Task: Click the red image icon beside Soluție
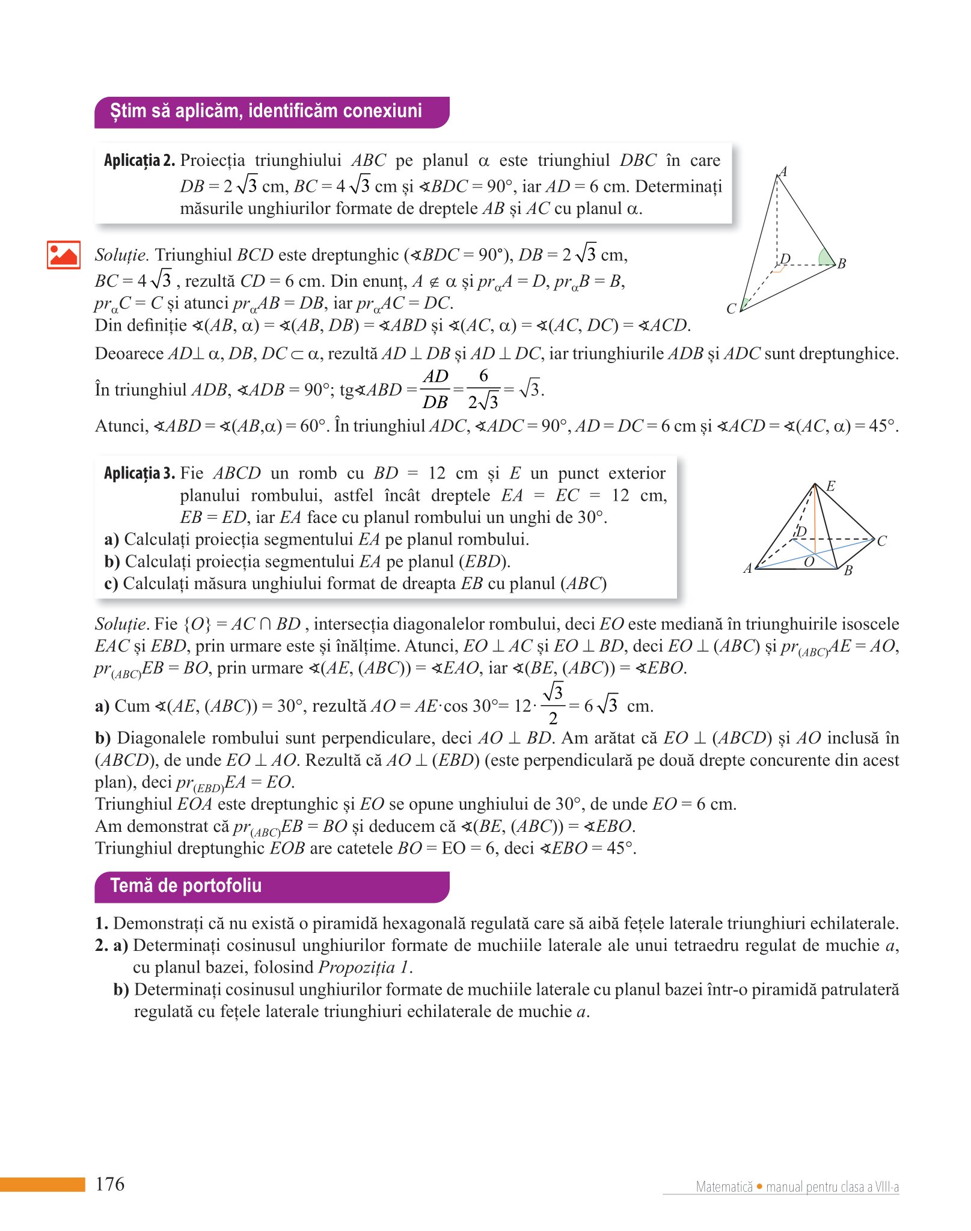[x=64, y=255]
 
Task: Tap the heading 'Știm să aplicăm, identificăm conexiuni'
[x=266, y=111]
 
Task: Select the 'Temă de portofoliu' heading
[x=186, y=886]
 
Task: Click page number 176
[x=110, y=1184]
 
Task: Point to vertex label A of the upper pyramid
[x=783, y=172]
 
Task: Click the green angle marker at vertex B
[x=827, y=257]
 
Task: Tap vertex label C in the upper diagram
[x=731, y=309]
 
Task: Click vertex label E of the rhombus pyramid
[x=831, y=486]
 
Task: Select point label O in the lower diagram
[x=809, y=561]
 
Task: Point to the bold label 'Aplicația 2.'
[x=139, y=160]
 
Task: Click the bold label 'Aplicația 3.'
[x=139, y=474]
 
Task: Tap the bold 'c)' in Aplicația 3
[x=111, y=584]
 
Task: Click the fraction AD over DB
[x=435, y=389]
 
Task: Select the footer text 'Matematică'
[x=724, y=1187]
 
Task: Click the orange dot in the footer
[x=759, y=1187]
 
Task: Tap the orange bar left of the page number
[x=42, y=1184]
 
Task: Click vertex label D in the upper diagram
[x=785, y=259]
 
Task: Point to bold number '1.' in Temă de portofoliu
[x=102, y=923]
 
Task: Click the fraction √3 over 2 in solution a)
[x=553, y=704]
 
